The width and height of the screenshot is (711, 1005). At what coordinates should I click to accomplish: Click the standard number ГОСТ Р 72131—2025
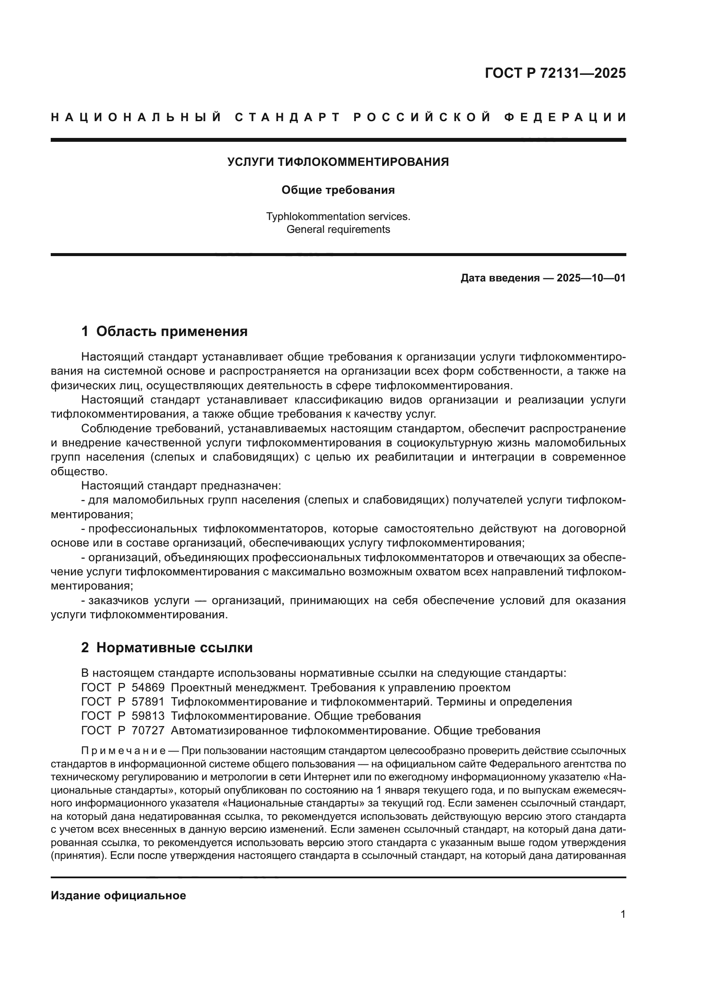[x=555, y=73]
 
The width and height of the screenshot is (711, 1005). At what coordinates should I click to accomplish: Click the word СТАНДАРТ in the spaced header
[x=287, y=117]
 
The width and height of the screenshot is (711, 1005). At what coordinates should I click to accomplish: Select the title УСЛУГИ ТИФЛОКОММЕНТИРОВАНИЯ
[x=338, y=162]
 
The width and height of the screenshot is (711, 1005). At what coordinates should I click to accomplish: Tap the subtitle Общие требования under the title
[x=338, y=190]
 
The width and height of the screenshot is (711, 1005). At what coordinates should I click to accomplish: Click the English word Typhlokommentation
[x=310, y=216]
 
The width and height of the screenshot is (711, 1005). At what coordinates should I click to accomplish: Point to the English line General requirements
[x=338, y=229]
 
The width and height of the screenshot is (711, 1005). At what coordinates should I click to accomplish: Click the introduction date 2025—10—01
[x=591, y=278]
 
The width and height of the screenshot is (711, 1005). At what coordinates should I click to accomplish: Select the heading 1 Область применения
[x=164, y=331]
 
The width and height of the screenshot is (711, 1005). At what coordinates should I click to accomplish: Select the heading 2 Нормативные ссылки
[x=167, y=648]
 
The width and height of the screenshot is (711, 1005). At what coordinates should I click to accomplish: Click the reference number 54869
[x=148, y=687]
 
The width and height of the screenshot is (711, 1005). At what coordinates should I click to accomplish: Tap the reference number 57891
[x=148, y=702]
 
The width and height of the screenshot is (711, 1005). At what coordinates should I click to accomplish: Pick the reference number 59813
[x=148, y=716]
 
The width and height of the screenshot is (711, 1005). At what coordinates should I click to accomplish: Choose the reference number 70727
[x=148, y=730]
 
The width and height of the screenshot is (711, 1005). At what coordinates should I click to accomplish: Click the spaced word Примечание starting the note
[x=123, y=751]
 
